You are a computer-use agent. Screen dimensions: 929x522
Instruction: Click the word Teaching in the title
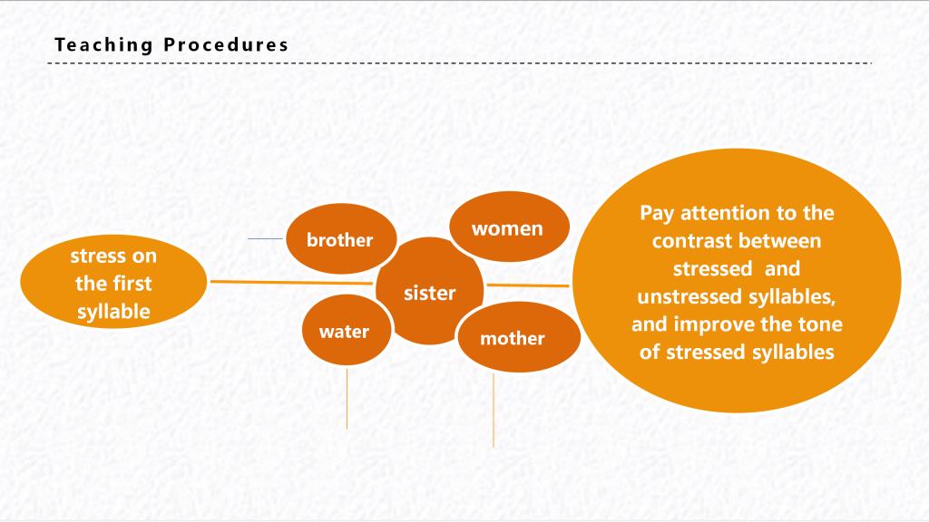tap(103, 45)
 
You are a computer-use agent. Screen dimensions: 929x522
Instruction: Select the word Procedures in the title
tap(226, 44)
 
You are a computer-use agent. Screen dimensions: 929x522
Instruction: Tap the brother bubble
tap(341, 238)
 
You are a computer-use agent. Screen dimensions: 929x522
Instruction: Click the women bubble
tap(510, 227)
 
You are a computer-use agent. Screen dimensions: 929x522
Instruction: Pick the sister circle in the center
tap(429, 292)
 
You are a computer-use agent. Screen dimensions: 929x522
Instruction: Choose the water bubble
tap(347, 330)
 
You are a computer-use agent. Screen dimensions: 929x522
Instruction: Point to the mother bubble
tap(519, 337)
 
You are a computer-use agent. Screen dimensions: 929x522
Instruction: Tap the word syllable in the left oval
tap(113, 312)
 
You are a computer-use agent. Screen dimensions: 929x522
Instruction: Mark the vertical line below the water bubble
tap(347, 399)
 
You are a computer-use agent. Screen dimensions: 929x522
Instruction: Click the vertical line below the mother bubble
tap(494, 411)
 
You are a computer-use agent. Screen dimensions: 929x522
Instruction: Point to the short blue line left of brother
tap(266, 238)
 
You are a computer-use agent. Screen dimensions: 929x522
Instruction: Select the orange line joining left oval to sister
tap(291, 283)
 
